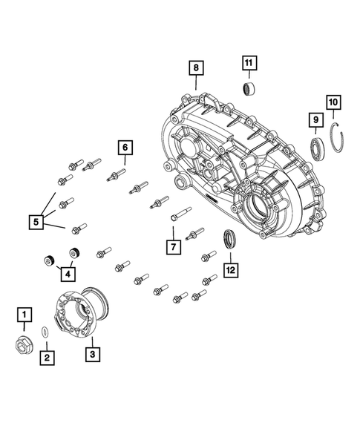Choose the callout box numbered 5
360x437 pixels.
(x=35, y=220)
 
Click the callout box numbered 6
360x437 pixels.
(x=124, y=148)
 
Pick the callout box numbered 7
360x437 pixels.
(x=172, y=246)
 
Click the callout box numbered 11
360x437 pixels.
(x=249, y=62)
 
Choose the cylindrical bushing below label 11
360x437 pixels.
(x=250, y=90)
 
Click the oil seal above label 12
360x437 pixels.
(x=231, y=240)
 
